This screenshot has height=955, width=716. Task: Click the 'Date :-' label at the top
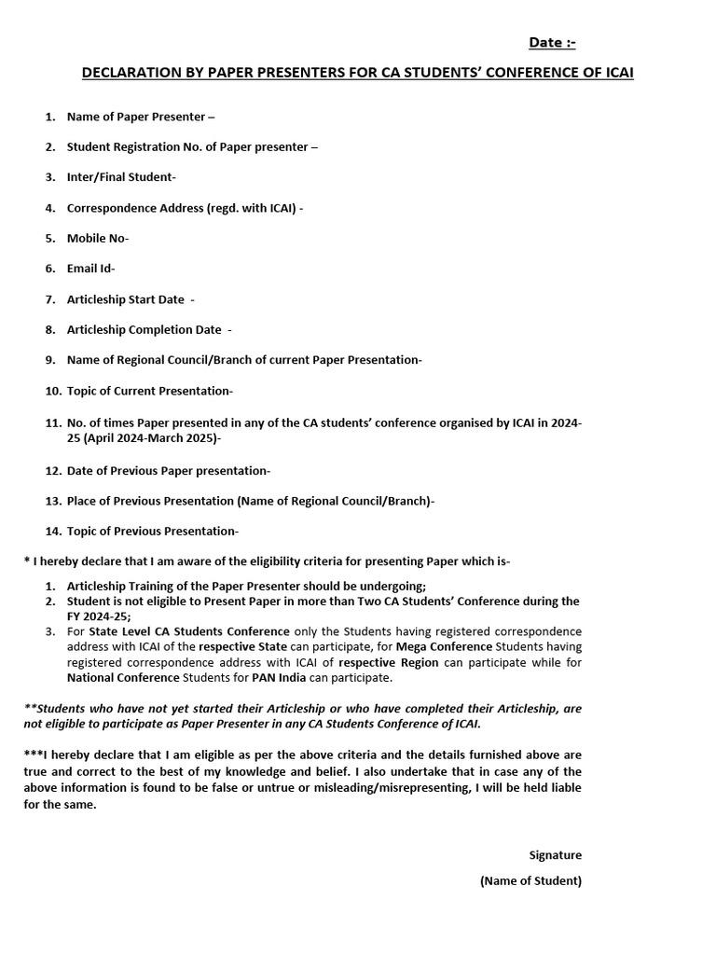click(x=552, y=43)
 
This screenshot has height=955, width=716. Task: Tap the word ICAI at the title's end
click(x=617, y=73)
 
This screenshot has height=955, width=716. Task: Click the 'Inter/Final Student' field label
click(x=121, y=177)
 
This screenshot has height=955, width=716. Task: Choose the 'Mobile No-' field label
click(x=98, y=238)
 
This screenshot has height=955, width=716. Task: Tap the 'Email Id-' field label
click(x=91, y=269)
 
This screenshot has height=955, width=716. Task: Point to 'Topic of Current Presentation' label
click(x=150, y=391)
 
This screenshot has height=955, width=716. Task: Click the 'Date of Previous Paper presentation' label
click(x=169, y=471)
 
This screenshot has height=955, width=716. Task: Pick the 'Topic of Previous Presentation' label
click(x=153, y=532)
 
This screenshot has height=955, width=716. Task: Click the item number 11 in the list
click(x=52, y=422)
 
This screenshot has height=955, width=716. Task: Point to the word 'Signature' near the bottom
click(x=555, y=854)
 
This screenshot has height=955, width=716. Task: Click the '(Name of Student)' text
click(x=530, y=880)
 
